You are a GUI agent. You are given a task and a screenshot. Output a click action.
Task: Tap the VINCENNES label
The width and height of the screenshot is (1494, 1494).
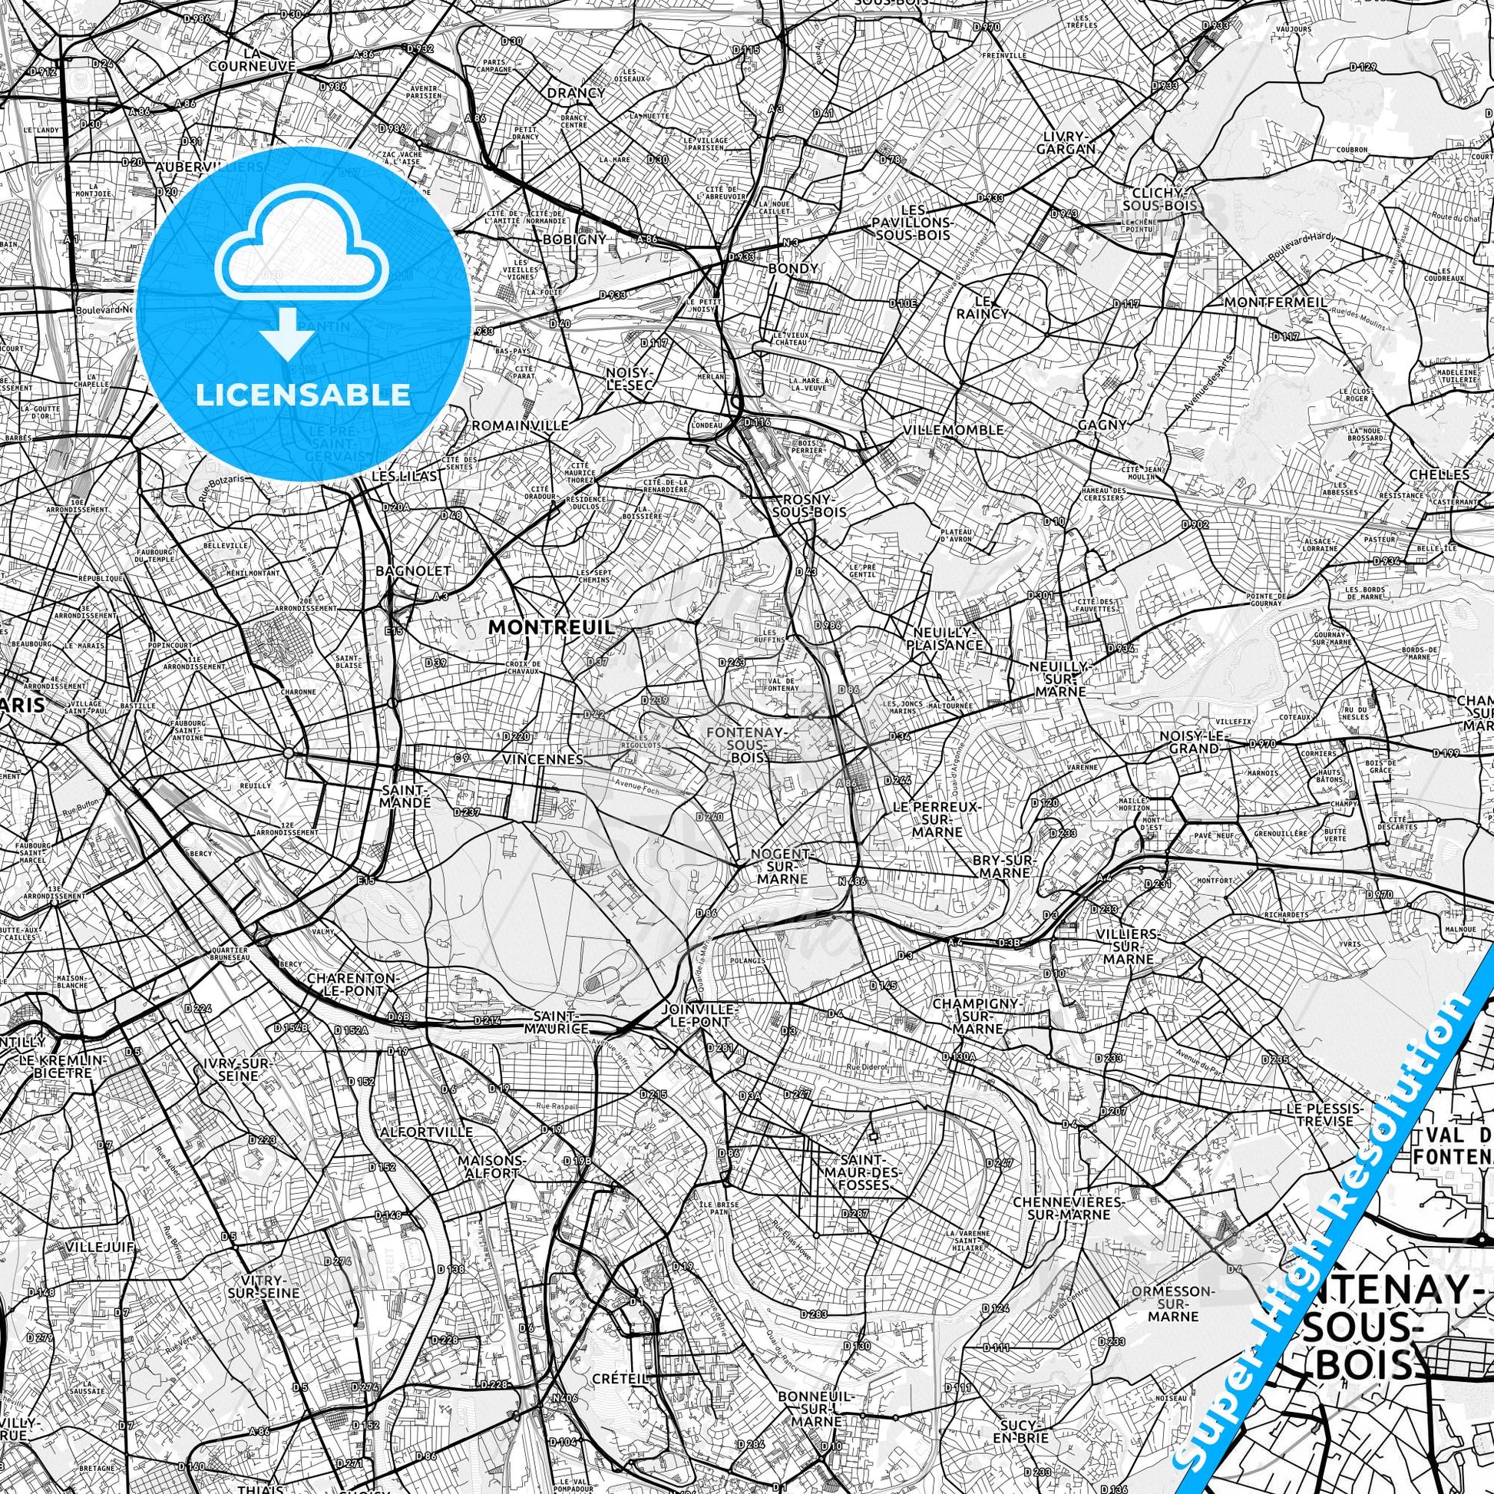(542, 759)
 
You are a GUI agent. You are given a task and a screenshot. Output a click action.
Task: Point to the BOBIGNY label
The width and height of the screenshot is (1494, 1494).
(574, 239)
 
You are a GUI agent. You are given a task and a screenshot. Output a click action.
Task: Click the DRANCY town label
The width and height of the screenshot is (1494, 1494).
(575, 93)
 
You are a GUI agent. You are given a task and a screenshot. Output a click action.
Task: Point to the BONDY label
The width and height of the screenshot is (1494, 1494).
(792, 269)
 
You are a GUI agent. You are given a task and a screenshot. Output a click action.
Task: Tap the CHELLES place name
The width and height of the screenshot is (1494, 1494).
(1450, 474)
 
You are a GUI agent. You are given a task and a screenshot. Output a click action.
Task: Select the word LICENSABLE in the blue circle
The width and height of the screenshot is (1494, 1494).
(303, 395)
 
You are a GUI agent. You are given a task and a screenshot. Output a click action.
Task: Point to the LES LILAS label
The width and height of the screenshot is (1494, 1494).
(404, 476)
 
